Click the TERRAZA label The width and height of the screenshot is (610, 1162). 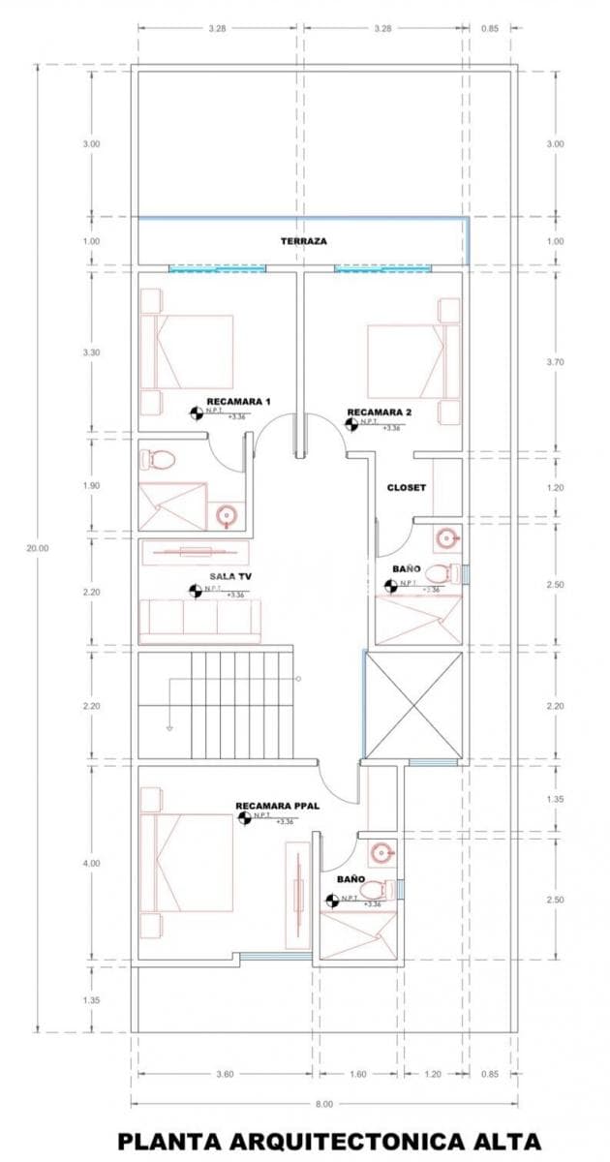click(x=303, y=240)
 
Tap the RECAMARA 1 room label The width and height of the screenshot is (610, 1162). click(x=238, y=401)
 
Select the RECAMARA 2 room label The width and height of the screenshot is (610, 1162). click(x=380, y=412)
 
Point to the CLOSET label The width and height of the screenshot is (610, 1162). click(x=406, y=487)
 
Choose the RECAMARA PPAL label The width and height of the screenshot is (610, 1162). click(x=277, y=805)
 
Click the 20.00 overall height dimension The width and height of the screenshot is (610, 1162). click(x=38, y=548)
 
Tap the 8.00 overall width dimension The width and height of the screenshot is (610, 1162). click(x=323, y=1103)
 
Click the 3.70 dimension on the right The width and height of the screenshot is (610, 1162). click(x=555, y=361)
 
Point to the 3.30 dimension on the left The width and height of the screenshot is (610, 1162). click(x=91, y=352)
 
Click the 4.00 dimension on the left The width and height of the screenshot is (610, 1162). click(x=91, y=863)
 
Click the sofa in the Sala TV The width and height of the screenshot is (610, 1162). click(x=199, y=621)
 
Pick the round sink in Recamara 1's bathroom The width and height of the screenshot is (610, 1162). click(x=229, y=514)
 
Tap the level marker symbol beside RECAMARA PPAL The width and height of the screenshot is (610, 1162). click(x=244, y=818)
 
